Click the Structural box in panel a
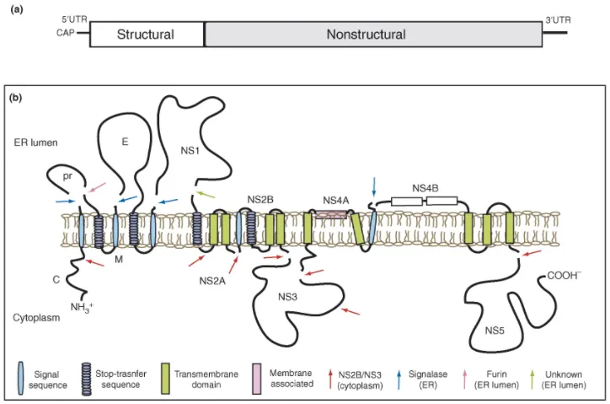point(146,35)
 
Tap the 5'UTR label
point(75,19)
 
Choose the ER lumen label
point(35,143)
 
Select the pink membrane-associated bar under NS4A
point(331,215)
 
